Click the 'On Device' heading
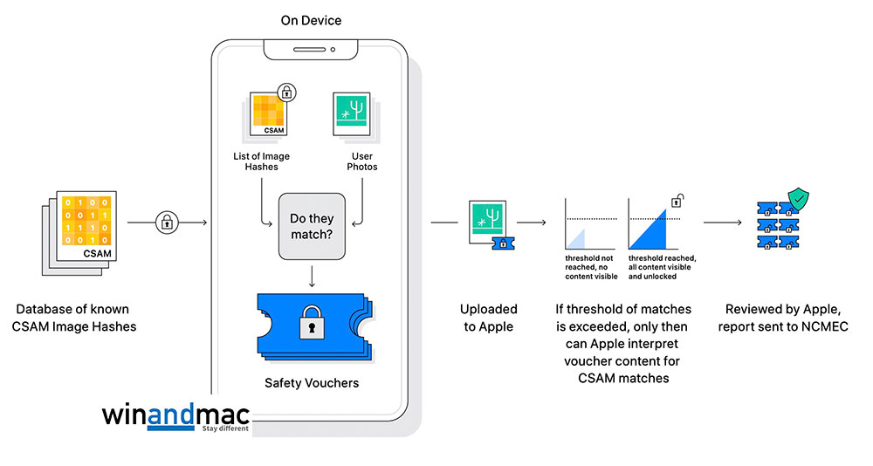311,20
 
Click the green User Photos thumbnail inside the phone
356,116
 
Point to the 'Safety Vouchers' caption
311,382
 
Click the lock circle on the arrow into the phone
166,223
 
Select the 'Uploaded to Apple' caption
489,318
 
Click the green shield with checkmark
799,202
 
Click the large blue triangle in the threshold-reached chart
656,227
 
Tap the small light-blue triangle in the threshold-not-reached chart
575,237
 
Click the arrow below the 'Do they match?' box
312,276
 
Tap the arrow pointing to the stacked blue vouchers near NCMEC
722,223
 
